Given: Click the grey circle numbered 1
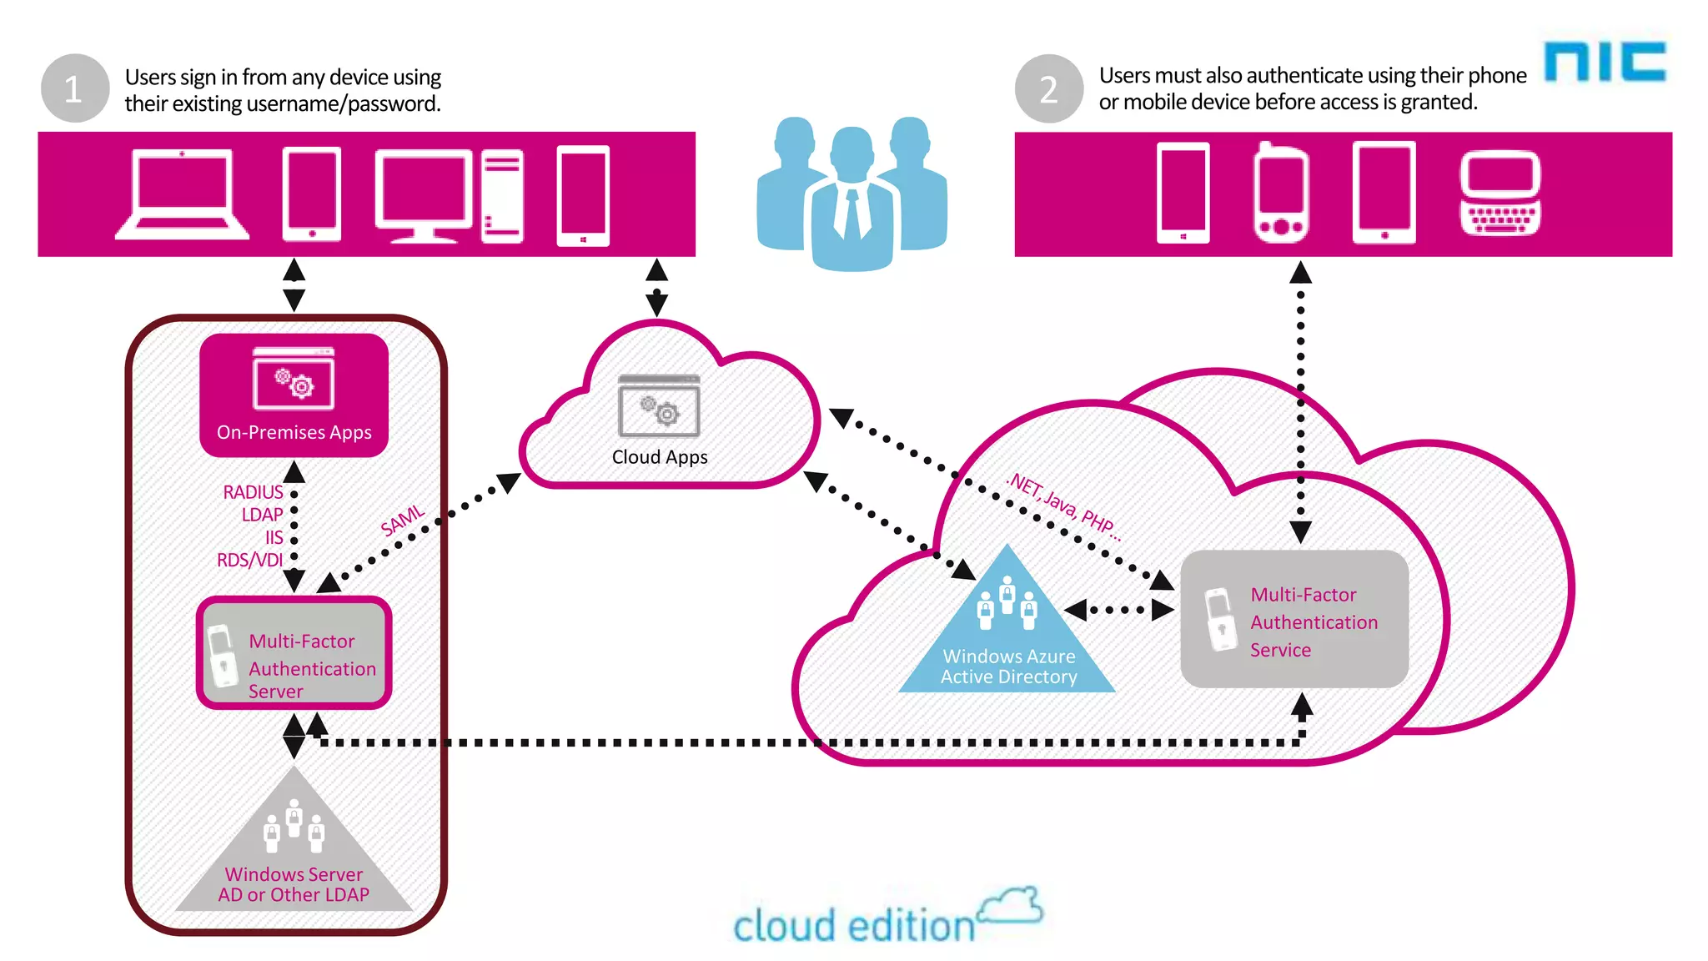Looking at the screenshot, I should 75,88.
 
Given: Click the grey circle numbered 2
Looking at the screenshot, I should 1048,88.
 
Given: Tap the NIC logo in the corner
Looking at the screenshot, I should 1605,63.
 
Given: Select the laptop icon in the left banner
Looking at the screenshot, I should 183,195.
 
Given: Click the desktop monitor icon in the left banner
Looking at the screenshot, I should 423,195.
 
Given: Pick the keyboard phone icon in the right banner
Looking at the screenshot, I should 1500,194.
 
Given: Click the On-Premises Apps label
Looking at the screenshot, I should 294,432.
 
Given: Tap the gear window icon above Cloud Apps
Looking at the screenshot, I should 659,406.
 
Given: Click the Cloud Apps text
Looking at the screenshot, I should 660,457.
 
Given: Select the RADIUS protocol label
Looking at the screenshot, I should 253,492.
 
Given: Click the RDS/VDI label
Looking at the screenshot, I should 249,560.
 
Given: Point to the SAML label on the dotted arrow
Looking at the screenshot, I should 403,521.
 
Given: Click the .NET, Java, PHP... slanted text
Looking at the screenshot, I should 1064,505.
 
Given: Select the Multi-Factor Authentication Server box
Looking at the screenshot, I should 294,653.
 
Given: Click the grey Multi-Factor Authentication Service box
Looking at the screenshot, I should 1294,620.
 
